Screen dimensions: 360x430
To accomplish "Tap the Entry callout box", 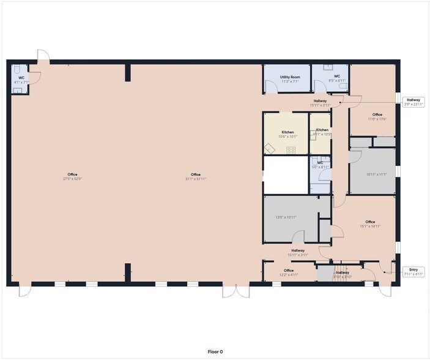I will [413, 271].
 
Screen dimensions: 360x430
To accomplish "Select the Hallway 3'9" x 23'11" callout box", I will [413, 102].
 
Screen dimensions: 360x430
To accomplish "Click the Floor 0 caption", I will [215, 351].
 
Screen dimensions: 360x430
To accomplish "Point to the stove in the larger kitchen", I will [291, 150].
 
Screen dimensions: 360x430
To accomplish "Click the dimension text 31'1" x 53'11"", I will [196, 179].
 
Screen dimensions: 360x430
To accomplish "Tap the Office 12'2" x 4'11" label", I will [289, 272].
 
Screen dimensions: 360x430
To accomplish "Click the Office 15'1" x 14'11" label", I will [369, 224].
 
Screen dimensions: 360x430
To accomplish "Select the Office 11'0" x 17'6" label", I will [377, 116].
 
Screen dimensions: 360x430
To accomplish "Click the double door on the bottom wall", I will [236, 291].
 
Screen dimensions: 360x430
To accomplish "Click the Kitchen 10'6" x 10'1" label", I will [287, 134].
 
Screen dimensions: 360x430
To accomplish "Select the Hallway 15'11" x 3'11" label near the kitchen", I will [320, 103].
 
